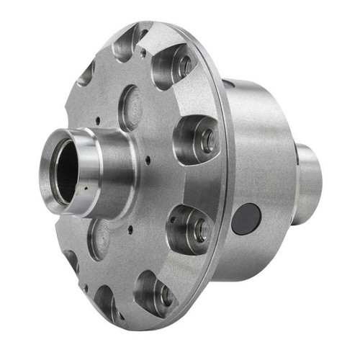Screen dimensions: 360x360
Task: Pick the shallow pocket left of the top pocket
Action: tap(87, 72)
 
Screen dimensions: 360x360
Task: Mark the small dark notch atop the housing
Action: tap(229, 85)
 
